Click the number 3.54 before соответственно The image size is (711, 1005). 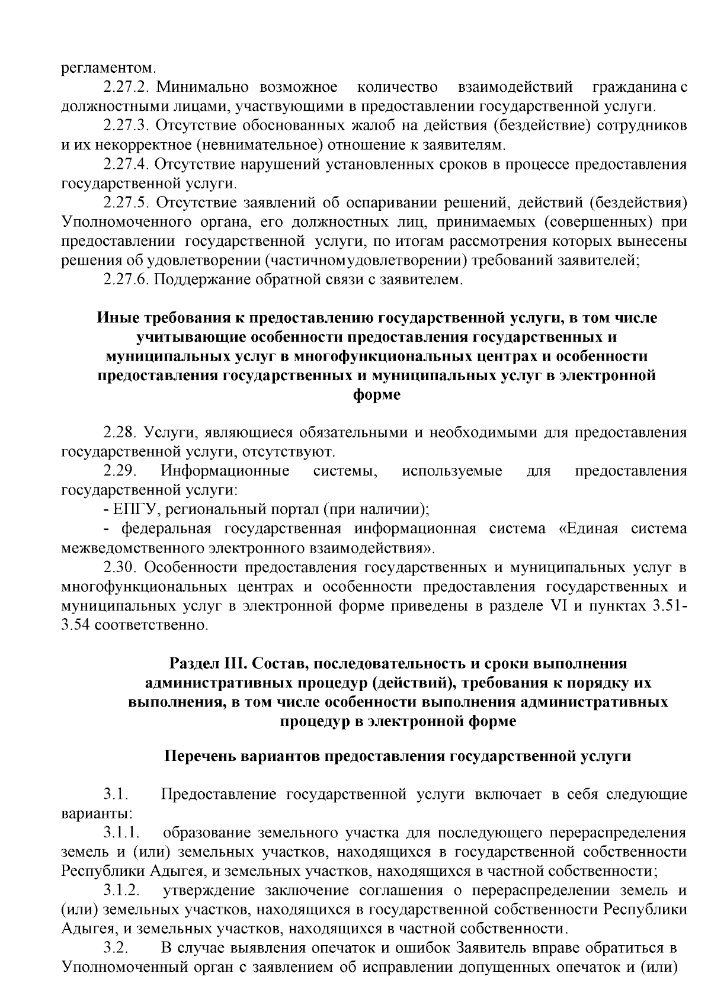(x=75, y=625)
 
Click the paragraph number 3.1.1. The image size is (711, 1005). (x=121, y=833)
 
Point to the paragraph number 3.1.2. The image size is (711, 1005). (x=121, y=890)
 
